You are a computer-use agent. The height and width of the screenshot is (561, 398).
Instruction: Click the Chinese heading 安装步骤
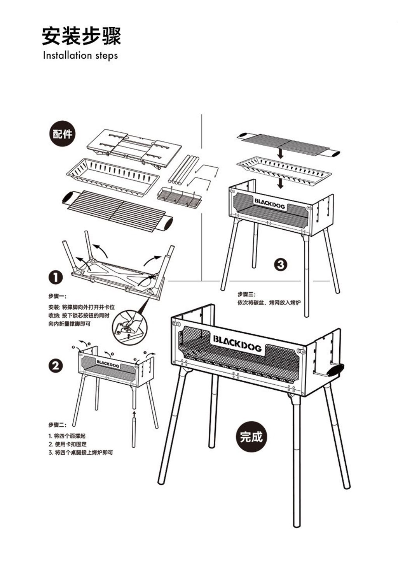coord(82,36)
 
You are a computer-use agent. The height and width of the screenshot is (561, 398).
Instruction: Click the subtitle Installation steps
coord(80,55)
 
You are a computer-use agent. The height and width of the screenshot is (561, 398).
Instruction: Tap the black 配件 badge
coord(62,134)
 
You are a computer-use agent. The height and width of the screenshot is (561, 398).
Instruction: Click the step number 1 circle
coord(56,278)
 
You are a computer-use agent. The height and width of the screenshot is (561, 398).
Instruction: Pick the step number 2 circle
coord(56,366)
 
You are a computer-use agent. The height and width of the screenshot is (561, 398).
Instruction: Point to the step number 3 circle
coord(281,265)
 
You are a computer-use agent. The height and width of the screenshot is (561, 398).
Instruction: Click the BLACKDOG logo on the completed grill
coord(237,343)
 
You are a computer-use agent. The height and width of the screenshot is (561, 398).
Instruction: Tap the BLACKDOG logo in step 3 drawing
coord(270,203)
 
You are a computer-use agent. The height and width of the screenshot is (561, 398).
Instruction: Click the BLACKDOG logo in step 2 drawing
coord(108,363)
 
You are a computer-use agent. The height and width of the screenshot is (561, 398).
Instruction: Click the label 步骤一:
coord(57,297)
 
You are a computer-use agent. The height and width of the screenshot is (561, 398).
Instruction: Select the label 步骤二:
coord(57,425)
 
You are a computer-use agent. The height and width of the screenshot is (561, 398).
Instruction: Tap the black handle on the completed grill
coord(336,370)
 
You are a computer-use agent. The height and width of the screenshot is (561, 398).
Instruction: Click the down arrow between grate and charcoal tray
coord(281,153)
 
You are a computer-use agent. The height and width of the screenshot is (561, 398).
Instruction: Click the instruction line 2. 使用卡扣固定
coord(68,444)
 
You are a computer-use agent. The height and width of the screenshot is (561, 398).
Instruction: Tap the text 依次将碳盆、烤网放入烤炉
coord(269,303)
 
